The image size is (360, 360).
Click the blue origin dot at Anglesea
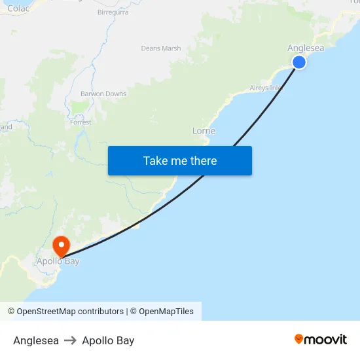299,62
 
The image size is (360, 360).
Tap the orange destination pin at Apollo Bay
62,245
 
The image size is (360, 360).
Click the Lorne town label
204,131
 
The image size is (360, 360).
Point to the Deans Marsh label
161,48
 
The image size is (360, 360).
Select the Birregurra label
113,12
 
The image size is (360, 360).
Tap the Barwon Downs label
103,94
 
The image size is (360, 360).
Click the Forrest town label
81,122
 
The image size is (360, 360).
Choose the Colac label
18,9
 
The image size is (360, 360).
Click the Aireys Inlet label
265,88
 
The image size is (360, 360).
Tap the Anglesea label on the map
305,48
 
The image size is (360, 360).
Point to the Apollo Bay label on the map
58,261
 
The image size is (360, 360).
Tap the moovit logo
321,339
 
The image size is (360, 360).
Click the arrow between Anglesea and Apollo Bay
70,340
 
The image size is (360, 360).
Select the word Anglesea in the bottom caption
36,340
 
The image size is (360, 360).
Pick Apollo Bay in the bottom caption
108,340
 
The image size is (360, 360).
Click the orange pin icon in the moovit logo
299,339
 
